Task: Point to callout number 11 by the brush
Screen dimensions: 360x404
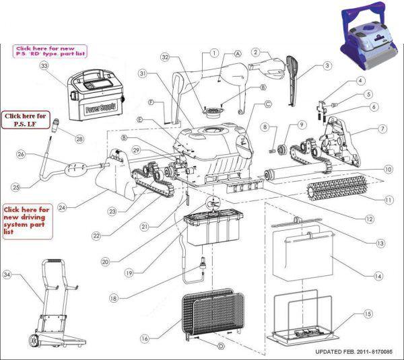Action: [x=388, y=200]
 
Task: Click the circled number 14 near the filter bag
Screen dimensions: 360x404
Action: [x=378, y=276]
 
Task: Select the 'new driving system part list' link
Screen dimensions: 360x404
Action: [x=26, y=221]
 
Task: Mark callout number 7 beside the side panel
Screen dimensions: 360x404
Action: [x=382, y=128]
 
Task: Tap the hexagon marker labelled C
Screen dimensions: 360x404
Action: [x=267, y=104]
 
